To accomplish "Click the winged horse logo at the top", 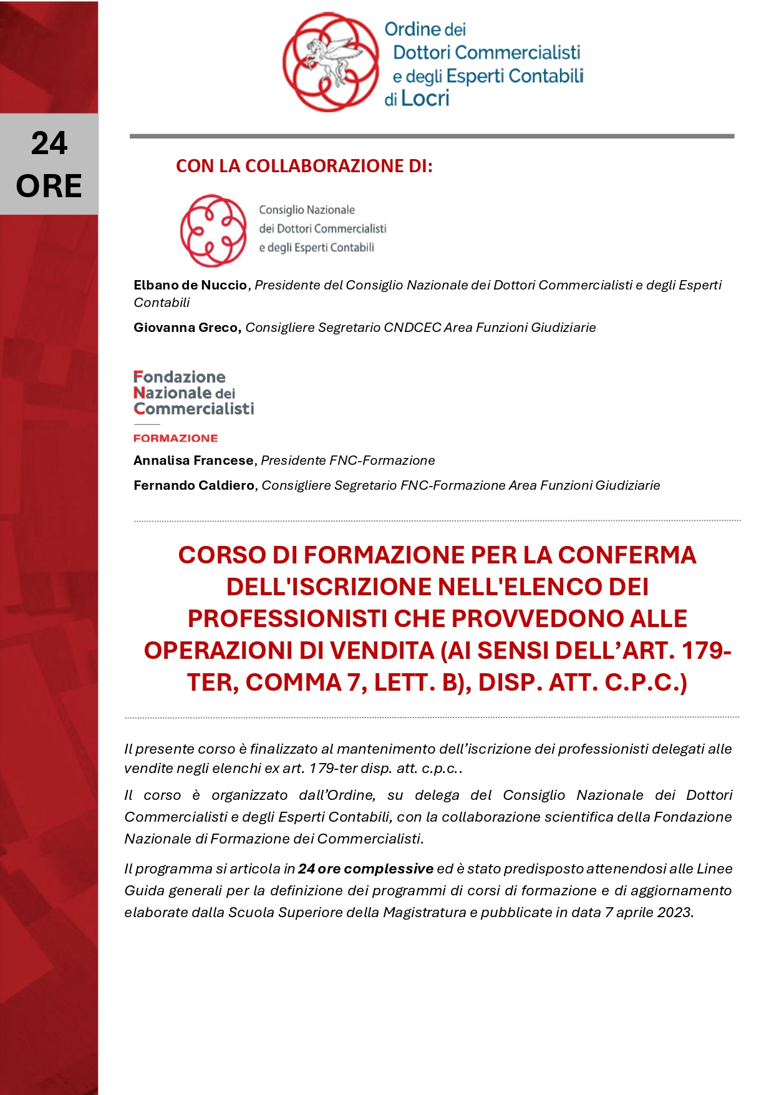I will (331, 62).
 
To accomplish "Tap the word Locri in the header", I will (425, 99).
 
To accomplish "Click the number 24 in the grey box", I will (49, 144).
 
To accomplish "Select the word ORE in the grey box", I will (49, 186).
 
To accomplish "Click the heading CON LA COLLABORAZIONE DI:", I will (304, 166).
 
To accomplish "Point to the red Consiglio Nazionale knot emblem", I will (213, 230).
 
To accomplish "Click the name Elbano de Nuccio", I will (190, 285).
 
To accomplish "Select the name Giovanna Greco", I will (186, 328).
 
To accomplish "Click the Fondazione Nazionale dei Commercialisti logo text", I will (193, 393).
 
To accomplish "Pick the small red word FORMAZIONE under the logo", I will (175, 438).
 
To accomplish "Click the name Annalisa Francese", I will (193, 460).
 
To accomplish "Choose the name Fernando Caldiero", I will (194, 485).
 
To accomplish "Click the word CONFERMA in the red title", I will (627, 555).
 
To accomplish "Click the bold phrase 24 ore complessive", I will (365, 869).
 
